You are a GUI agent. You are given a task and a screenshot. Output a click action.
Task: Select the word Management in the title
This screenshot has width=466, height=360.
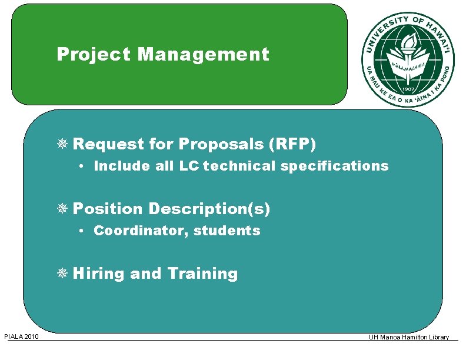pyautogui.click(x=203, y=55)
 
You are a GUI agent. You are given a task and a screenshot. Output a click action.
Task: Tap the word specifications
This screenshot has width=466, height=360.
pyautogui.click(x=334, y=166)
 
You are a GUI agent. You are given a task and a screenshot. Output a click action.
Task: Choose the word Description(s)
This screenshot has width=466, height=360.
pyautogui.click(x=209, y=209)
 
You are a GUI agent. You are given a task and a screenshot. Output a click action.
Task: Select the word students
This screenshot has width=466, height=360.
pyautogui.click(x=227, y=231)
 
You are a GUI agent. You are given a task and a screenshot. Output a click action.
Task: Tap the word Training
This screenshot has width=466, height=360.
pyautogui.click(x=202, y=274)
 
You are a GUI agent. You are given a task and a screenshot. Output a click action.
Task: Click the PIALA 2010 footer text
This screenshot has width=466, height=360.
pyautogui.click(x=21, y=336)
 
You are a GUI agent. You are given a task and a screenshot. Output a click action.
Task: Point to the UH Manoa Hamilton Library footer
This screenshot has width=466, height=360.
pyautogui.click(x=409, y=337)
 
